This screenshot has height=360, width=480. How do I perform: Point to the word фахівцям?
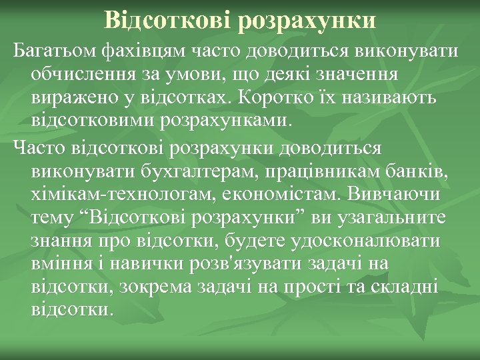point(145,51)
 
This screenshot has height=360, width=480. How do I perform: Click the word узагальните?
point(391,219)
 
